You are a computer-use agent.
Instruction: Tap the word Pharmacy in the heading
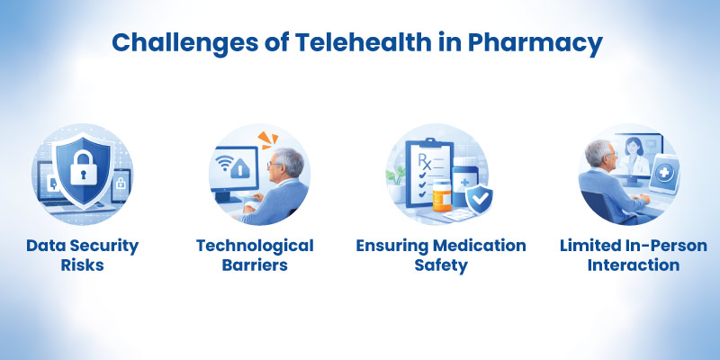pyautogui.click(x=541, y=42)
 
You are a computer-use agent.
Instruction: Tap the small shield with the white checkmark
pyautogui.click(x=479, y=197)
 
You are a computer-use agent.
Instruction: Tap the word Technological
pyautogui.click(x=256, y=246)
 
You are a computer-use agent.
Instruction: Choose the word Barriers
pyautogui.click(x=256, y=266)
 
